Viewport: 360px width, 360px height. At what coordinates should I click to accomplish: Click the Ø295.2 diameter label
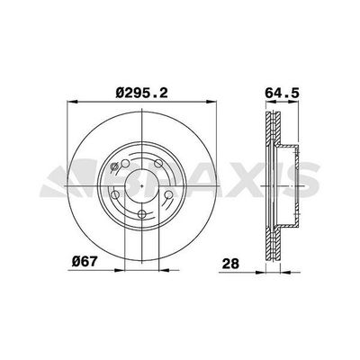pyautogui.click(x=141, y=93)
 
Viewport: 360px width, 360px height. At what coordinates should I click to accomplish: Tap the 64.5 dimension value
pyautogui.click(x=282, y=93)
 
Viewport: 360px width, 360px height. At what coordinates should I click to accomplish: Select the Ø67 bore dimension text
pyautogui.click(x=85, y=261)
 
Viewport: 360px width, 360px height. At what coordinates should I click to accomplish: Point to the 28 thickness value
pyautogui.click(x=230, y=264)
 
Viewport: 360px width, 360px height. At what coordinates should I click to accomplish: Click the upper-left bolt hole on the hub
pyautogui.click(x=125, y=164)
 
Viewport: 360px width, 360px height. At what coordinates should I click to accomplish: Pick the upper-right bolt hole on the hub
pyautogui.click(x=158, y=164)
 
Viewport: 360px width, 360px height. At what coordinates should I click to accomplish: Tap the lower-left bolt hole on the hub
pyautogui.click(x=115, y=195)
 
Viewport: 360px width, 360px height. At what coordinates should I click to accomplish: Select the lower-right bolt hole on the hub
pyautogui.click(x=168, y=195)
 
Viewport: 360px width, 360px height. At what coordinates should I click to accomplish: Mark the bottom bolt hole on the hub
pyautogui.click(x=141, y=214)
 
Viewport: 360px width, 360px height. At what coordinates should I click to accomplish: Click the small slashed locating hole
pyautogui.click(x=114, y=166)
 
